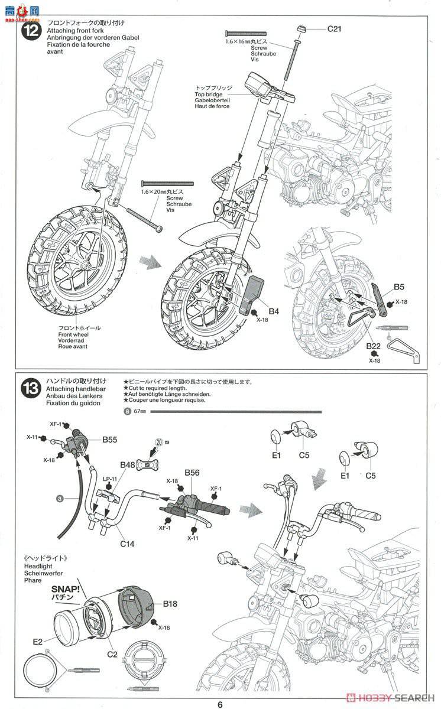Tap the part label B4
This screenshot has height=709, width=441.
(274, 311)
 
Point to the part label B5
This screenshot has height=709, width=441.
(399, 288)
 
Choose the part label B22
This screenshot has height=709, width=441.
(373, 346)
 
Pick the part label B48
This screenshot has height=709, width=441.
(128, 465)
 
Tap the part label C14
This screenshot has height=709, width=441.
(127, 543)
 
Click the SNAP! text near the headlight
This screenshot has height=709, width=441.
(66, 589)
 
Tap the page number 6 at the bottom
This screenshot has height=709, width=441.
(220, 704)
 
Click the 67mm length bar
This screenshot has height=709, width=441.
(236, 411)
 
